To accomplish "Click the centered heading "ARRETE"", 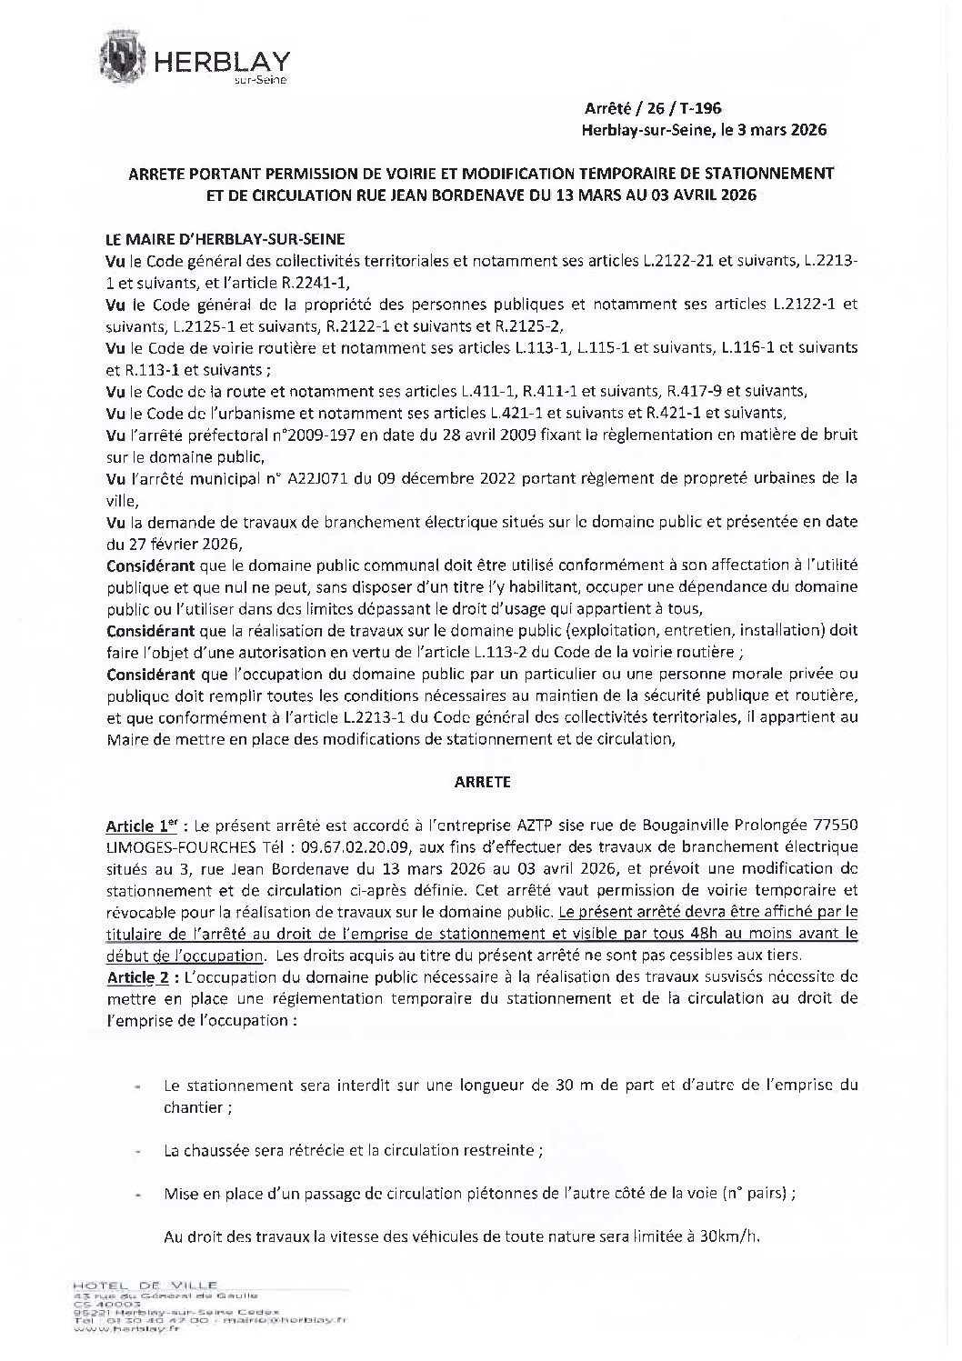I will click(x=479, y=781).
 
